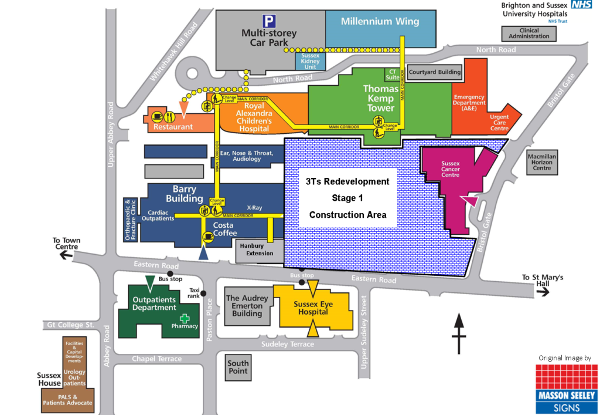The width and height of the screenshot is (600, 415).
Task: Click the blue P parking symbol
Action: pyautogui.click(x=269, y=21)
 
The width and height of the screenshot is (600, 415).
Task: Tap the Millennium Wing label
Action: pyautogui.click(x=380, y=22)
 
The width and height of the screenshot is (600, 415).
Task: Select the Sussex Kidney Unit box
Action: pyautogui.click(x=310, y=61)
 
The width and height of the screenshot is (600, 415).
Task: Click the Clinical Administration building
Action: pyautogui.click(x=529, y=33)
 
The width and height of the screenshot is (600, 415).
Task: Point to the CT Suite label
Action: pyautogui.click(x=391, y=75)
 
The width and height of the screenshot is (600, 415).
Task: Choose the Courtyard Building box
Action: pyautogui.click(x=435, y=72)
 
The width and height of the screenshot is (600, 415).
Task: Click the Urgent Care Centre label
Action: pyautogui.click(x=499, y=123)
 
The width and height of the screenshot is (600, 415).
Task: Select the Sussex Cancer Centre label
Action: pyautogui.click(x=451, y=169)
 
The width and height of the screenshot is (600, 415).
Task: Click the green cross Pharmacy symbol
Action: pyautogui.click(x=185, y=319)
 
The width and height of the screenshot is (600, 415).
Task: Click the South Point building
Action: pyautogui.click(x=238, y=366)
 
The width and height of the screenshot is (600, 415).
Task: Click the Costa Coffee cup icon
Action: pyautogui.click(x=208, y=236)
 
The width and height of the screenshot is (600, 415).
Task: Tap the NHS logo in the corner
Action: pyautogui.click(x=582, y=5)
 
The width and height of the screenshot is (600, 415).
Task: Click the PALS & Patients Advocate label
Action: pyautogui.click(x=67, y=399)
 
